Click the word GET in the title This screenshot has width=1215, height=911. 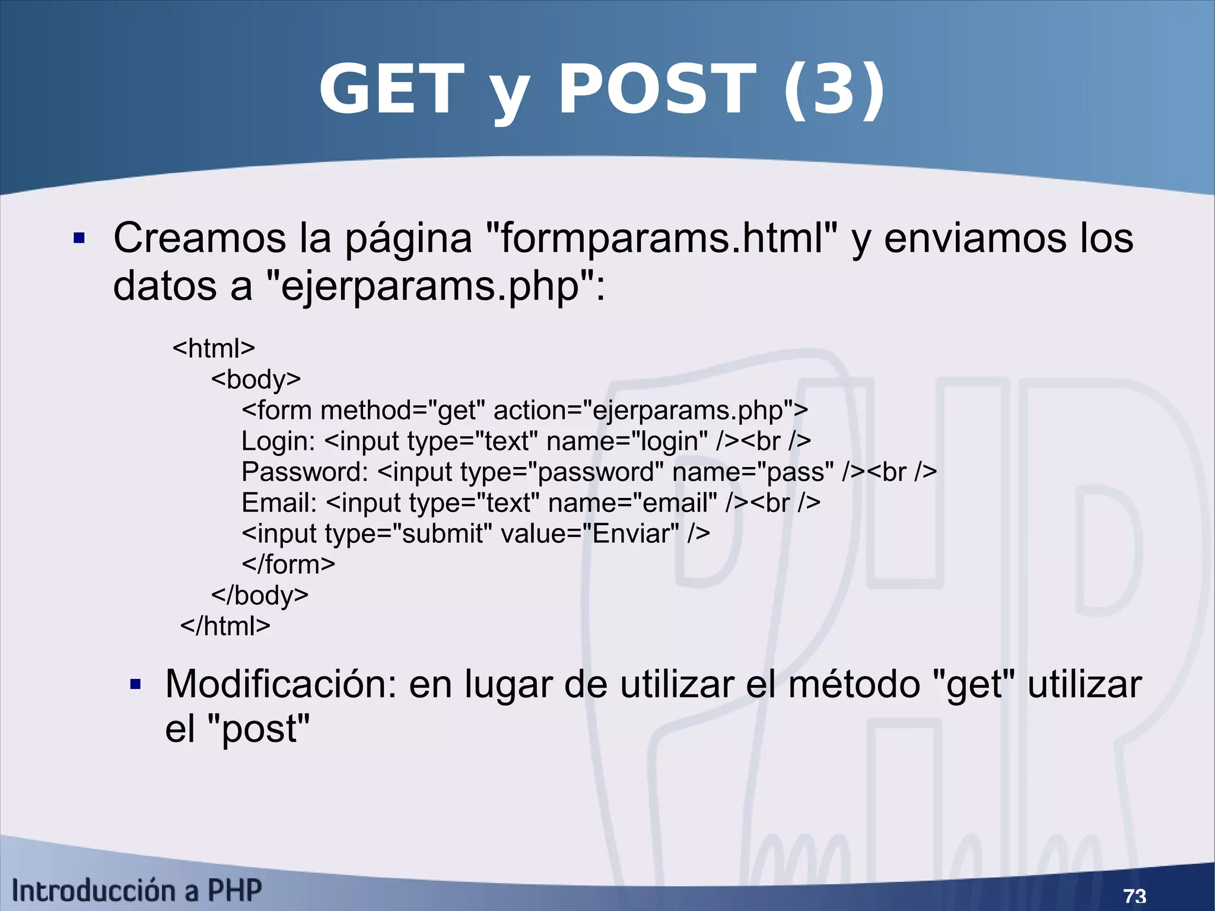point(391,90)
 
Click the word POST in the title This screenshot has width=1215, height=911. point(657,90)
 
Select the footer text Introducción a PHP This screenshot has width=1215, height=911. point(136,890)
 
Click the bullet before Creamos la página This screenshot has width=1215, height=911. point(79,239)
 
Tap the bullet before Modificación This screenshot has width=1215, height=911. point(136,685)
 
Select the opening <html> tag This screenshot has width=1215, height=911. point(214,348)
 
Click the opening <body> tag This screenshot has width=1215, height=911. point(256,379)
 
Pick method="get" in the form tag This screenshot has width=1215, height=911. point(402,410)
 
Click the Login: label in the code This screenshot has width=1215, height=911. point(278,441)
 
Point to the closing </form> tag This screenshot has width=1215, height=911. point(288,564)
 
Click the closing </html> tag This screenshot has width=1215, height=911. point(225,626)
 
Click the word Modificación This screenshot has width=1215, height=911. point(281,684)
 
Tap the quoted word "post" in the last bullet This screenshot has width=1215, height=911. point(260,729)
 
